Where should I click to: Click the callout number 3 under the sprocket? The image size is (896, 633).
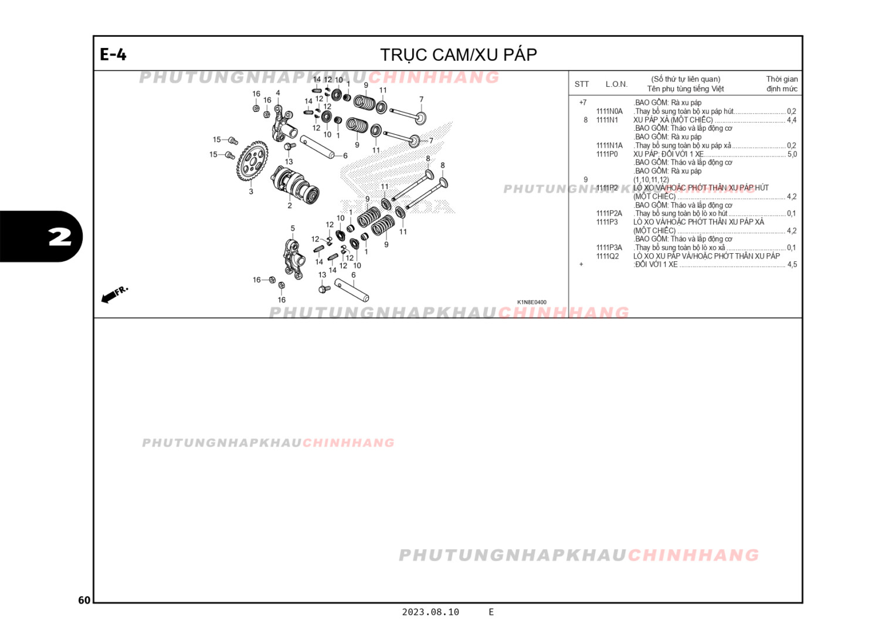coord(251,192)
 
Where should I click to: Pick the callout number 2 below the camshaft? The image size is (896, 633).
coord(290,206)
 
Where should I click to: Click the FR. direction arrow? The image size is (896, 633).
coord(113,294)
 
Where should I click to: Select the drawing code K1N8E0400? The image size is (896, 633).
coord(531,302)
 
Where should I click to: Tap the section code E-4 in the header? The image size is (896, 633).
coord(113,55)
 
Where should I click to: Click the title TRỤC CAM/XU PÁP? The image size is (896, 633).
coord(458,55)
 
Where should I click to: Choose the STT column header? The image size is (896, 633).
coord(581,84)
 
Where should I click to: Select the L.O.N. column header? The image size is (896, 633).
coord(616,84)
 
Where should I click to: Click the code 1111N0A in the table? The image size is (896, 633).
coord(609,111)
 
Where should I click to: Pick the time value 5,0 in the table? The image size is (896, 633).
coord(792,154)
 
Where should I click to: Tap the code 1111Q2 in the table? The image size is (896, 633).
coord(607,256)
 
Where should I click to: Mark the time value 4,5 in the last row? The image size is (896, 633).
coord(792,265)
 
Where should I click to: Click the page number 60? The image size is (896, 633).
coord(84,600)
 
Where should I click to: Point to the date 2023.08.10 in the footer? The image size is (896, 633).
coord(430,612)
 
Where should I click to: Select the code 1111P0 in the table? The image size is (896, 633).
coord(607,154)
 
